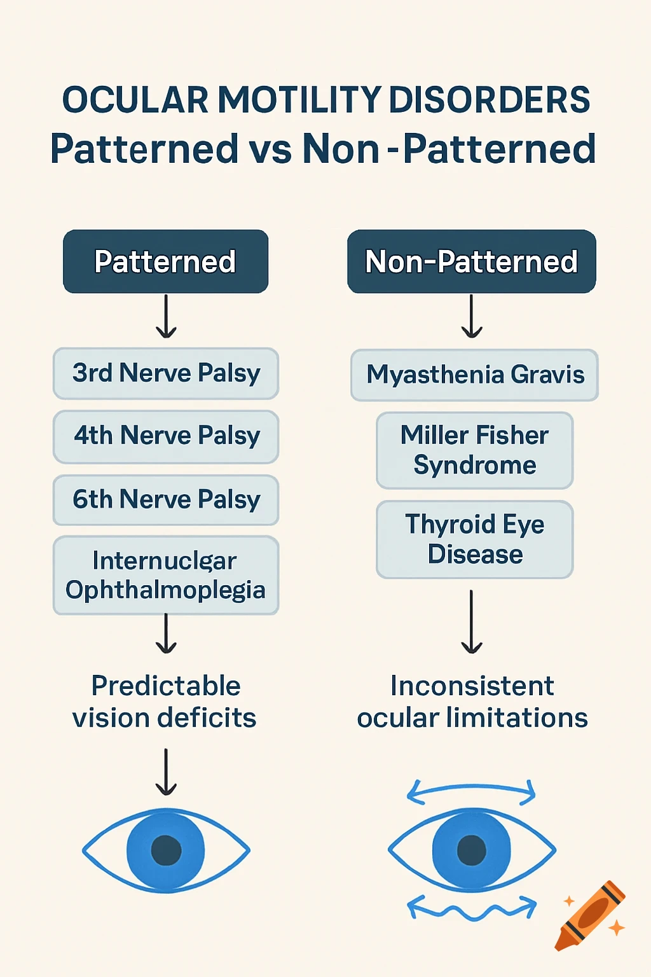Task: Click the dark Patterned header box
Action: (165, 261)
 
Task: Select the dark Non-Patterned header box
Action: (471, 261)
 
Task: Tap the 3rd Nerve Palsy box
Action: (166, 373)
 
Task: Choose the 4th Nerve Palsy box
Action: (166, 436)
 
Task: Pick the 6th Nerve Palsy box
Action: (166, 500)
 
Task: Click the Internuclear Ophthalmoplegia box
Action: (166, 575)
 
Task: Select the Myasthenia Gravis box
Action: (474, 375)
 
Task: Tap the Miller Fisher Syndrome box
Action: (474, 450)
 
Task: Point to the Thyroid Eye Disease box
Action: (474, 539)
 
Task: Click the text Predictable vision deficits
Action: (165, 702)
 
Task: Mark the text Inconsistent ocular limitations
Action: (472, 702)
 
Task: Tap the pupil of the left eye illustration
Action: (166, 850)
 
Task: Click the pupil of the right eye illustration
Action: (472, 850)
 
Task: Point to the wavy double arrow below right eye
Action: (471, 908)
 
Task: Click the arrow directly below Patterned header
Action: (166, 316)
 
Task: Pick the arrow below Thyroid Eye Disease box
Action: (471, 621)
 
